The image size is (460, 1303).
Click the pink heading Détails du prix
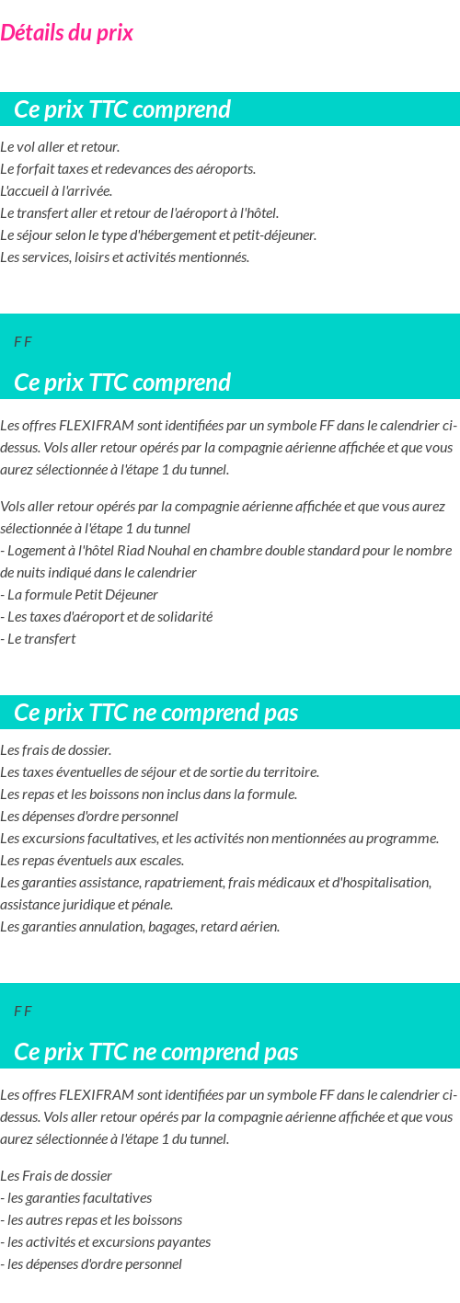(66, 33)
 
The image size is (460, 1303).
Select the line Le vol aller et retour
(60, 147)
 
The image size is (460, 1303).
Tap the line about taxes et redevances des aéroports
(128, 169)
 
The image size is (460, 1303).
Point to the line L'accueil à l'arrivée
(56, 191)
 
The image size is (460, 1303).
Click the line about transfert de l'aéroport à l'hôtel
(139, 213)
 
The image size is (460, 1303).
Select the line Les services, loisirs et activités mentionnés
(125, 257)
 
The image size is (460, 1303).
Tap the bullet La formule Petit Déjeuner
(82, 595)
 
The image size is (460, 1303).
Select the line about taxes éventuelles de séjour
(159, 772)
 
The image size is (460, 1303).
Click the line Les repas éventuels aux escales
(92, 861)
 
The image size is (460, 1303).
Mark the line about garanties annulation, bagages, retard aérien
(140, 927)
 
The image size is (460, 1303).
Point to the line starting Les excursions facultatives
(219, 839)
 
